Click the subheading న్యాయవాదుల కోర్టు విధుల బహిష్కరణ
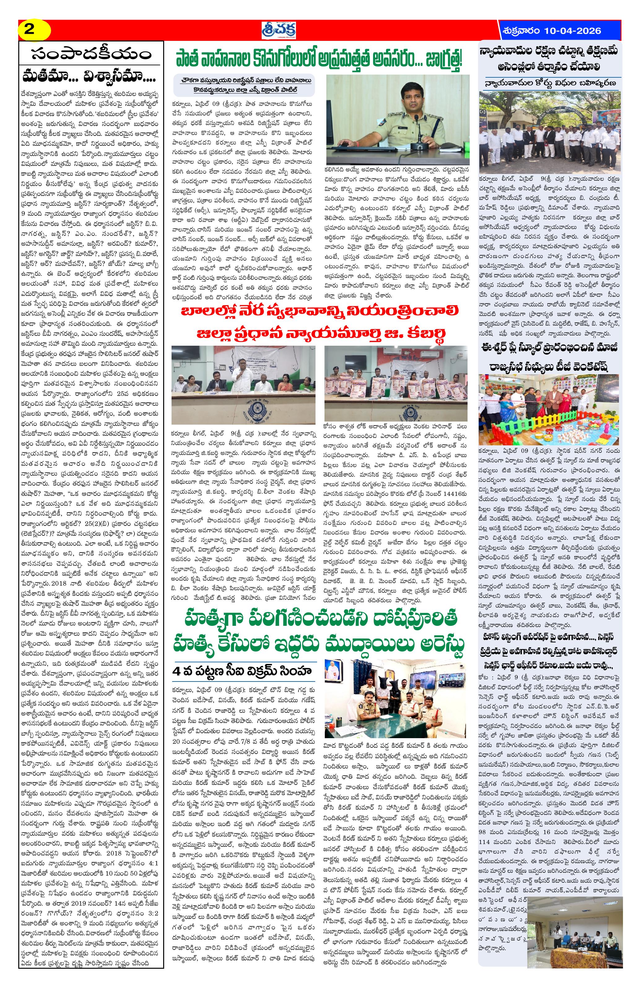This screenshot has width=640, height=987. pyautogui.click(x=550, y=83)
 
